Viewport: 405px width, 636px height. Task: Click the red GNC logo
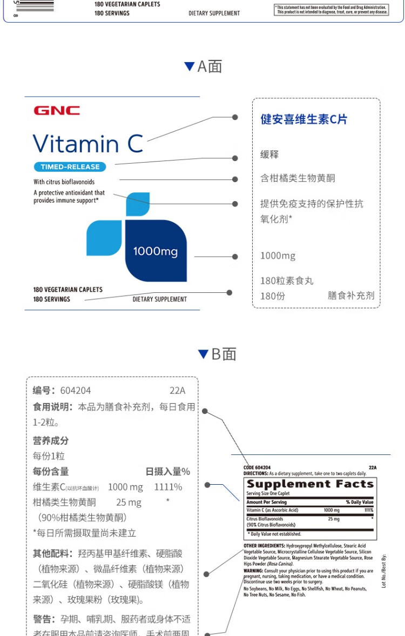(57, 111)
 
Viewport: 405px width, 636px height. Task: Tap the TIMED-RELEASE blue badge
(70, 167)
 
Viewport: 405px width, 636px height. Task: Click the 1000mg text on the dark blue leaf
(156, 251)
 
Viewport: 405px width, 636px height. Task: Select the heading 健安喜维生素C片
(304, 119)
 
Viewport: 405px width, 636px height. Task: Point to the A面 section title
(203, 66)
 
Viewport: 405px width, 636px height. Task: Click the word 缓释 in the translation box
(269, 155)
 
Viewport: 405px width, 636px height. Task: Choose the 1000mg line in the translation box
(278, 256)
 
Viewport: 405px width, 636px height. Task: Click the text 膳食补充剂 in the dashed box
(350, 296)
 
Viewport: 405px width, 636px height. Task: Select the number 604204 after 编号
(76, 391)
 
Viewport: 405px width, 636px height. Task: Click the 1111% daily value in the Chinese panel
(168, 487)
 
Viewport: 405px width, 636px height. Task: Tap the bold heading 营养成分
(51, 441)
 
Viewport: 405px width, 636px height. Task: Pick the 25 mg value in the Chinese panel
(129, 503)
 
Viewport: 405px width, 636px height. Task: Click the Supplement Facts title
(310, 484)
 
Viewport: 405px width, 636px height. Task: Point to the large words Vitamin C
(88, 144)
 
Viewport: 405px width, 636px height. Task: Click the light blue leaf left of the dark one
(104, 238)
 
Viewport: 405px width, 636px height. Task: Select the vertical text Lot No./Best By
(383, 571)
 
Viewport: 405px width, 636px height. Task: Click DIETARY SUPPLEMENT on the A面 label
(160, 299)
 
